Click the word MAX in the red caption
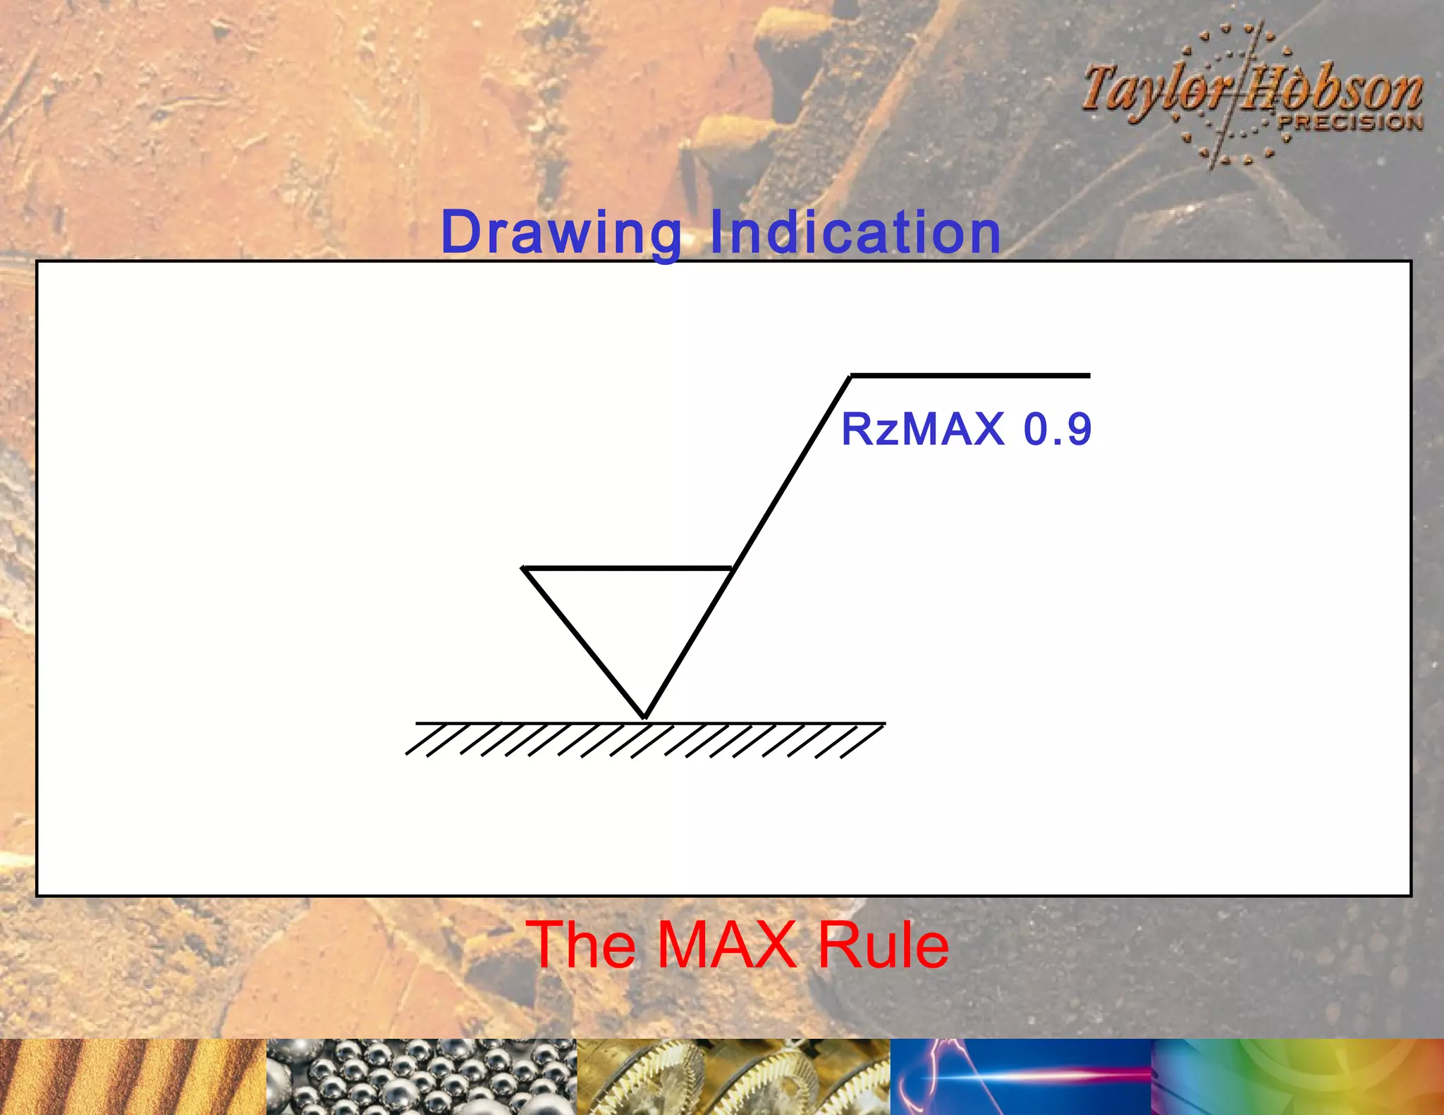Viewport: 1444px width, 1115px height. point(727,945)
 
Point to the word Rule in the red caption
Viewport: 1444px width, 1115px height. point(883,945)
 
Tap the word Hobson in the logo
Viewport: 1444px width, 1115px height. point(1333,90)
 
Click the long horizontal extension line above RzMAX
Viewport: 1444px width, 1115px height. point(970,376)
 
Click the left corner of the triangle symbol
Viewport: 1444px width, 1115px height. point(525,568)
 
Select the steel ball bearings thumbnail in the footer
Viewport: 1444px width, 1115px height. point(422,1076)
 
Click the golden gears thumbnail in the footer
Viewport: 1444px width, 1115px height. point(733,1076)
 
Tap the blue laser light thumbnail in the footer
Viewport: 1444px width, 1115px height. point(1021,1076)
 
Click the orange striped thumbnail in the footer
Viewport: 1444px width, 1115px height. point(133,1076)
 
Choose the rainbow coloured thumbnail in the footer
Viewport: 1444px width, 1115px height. point(1297,1076)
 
